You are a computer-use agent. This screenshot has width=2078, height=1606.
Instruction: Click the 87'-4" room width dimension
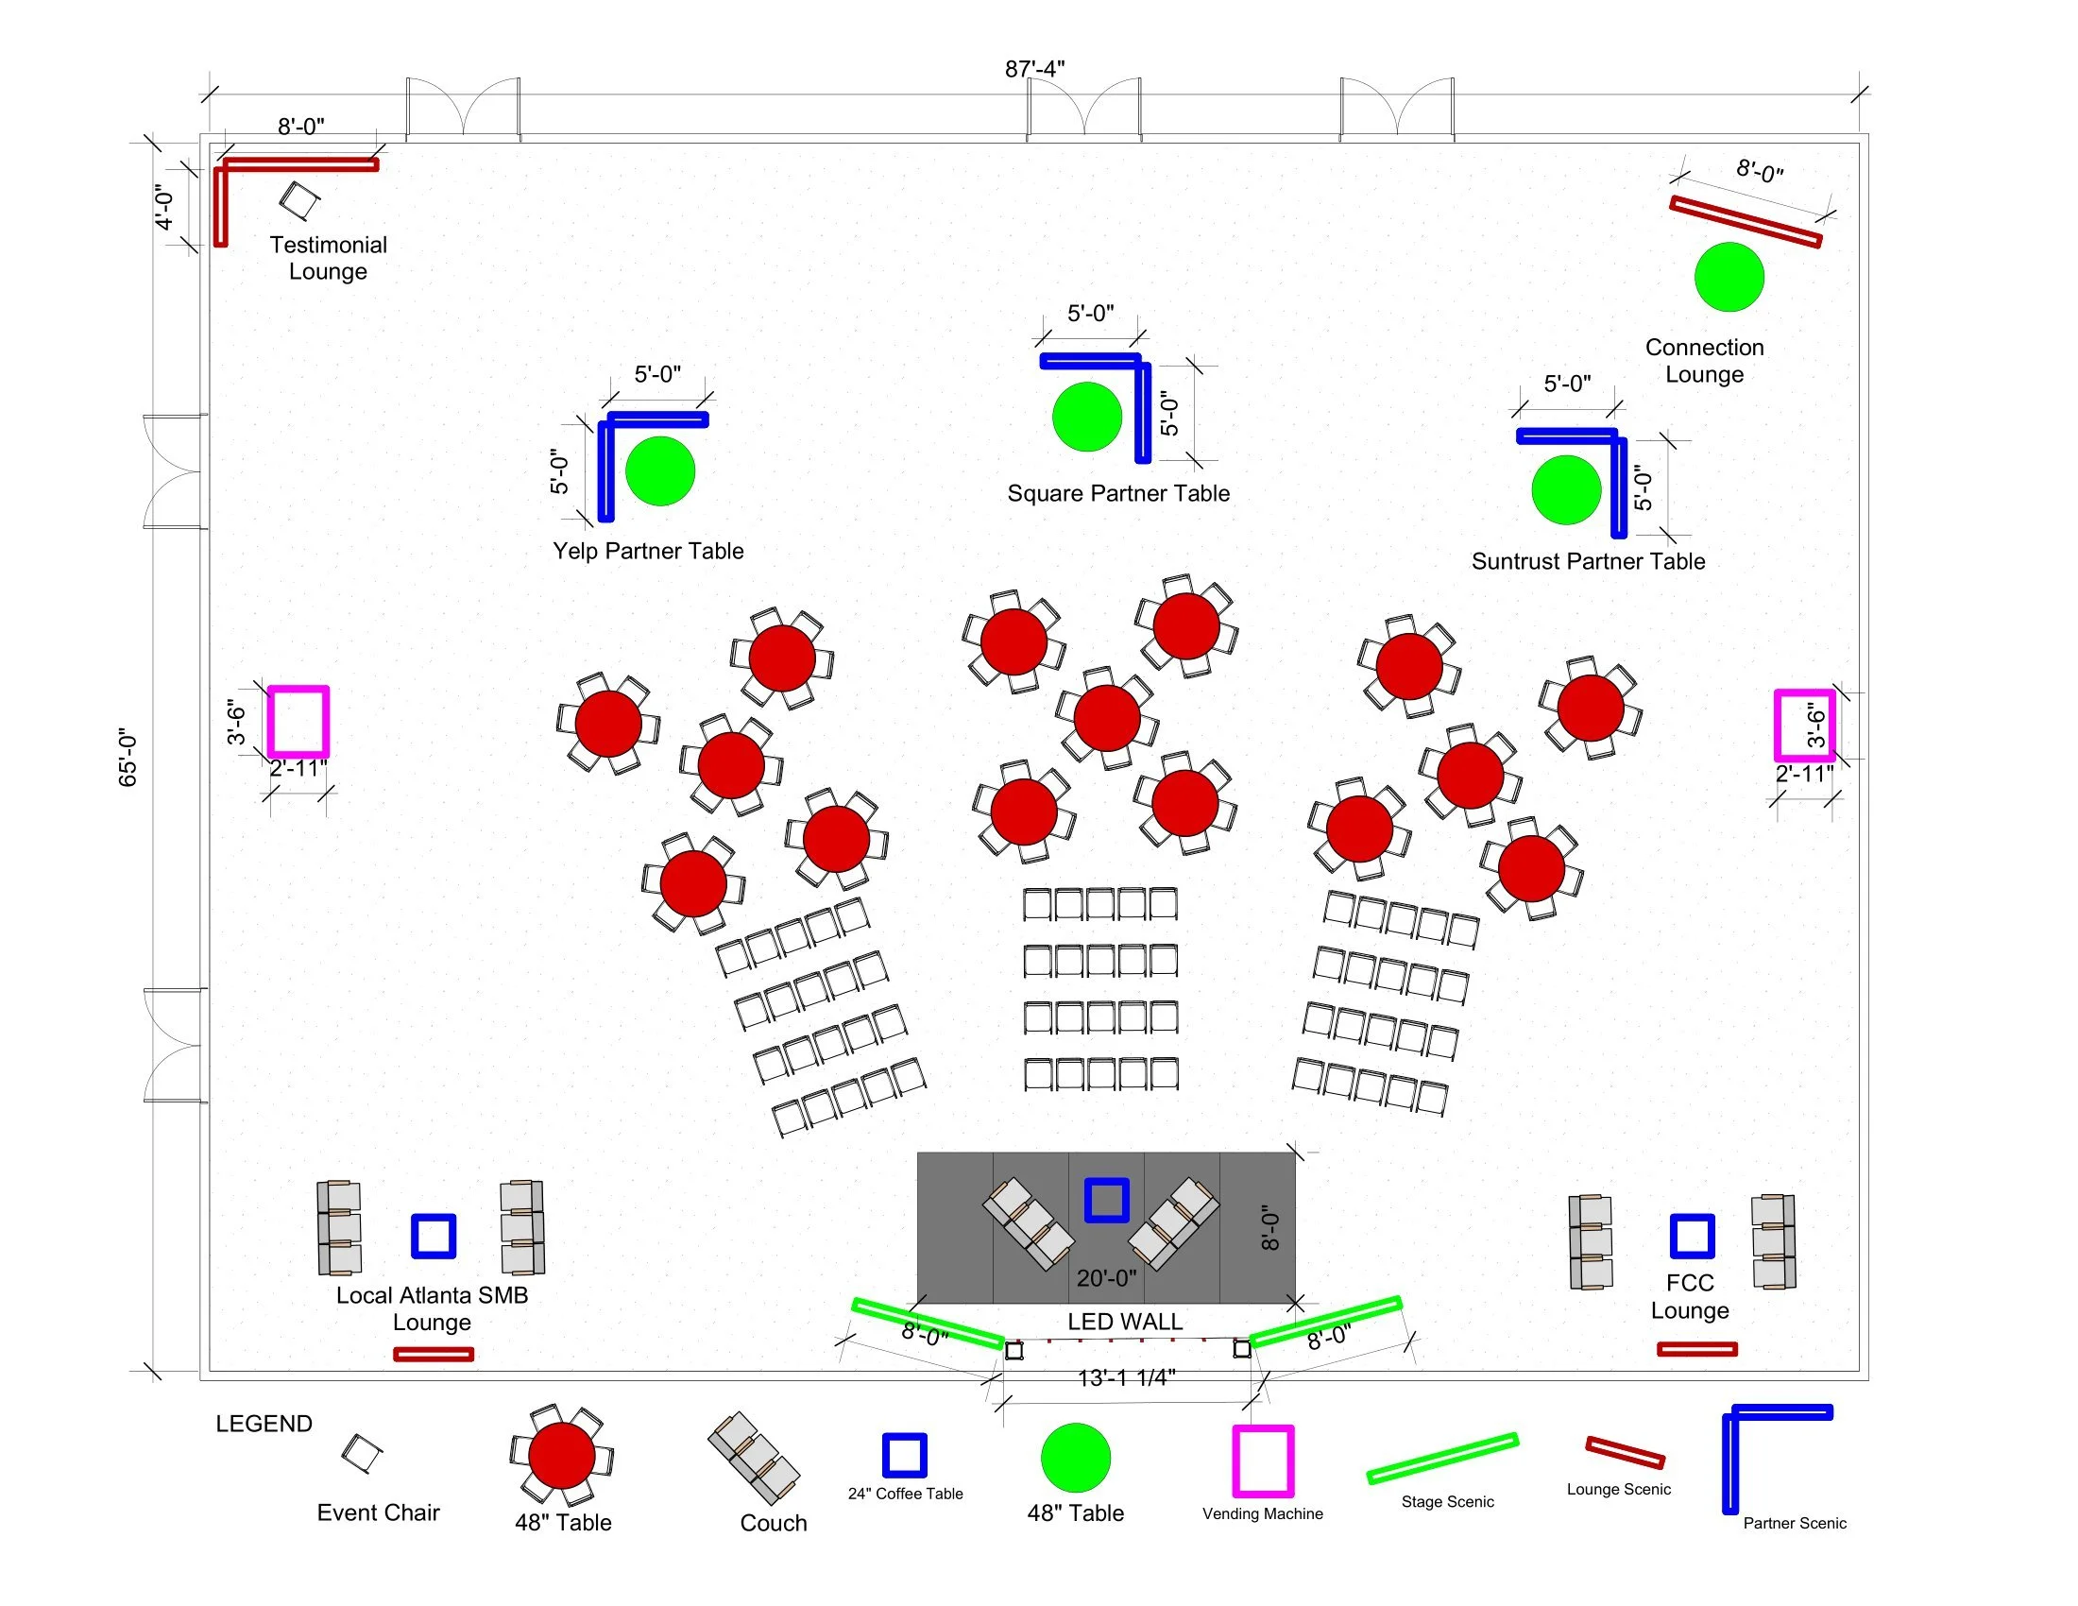click(x=1034, y=70)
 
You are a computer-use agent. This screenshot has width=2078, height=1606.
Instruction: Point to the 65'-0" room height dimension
click(x=128, y=759)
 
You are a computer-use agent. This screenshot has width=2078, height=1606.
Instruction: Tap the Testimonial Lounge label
click(x=329, y=258)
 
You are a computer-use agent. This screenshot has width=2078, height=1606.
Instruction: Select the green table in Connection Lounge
click(x=1729, y=277)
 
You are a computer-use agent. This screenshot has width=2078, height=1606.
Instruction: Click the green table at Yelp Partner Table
click(x=660, y=471)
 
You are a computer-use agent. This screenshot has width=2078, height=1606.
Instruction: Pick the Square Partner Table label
click(x=1118, y=493)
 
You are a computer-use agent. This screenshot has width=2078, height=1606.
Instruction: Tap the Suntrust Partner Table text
click(x=1588, y=561)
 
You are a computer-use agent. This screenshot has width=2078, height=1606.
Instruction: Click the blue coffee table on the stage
click(x=1107, y=1200)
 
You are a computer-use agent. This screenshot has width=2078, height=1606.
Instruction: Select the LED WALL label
click(x=1125, y=1322)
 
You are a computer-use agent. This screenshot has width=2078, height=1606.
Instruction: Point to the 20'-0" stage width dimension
click(x=1106, y=1278)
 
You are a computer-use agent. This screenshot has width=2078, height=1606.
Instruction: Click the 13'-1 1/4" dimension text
click(x=1127, y=1377)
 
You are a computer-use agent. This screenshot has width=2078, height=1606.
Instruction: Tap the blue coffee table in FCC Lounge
click(x=1692, y=1236)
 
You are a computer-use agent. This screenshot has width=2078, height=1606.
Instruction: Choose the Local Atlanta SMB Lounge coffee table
click(x=433, y=1236)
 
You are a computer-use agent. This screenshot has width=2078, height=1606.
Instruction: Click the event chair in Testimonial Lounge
click(x=299, y=199)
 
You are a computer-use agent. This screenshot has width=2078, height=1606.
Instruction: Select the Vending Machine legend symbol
click(x=1263, y=1461)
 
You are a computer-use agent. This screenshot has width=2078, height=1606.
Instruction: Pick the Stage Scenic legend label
click(x=1447, y=1501)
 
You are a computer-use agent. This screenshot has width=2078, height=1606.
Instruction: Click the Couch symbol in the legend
click(x=754, y=1458)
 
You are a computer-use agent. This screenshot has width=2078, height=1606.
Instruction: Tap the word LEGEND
click(x=264, y=1424)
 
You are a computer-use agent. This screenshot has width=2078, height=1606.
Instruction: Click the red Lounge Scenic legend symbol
click(x=1626, y=1453)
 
